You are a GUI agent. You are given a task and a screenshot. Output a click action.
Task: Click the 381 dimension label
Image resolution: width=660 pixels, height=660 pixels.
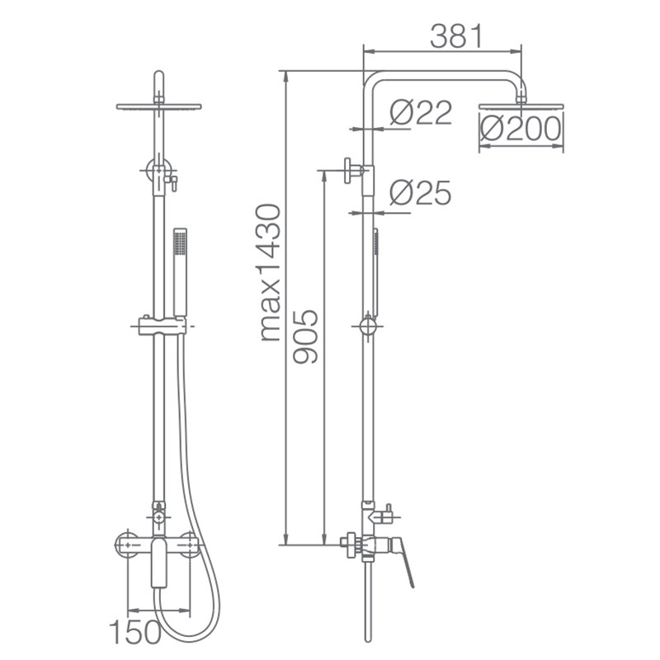pos(456,36)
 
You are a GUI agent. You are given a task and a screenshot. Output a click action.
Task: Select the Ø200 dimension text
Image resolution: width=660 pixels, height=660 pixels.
pos(521,129)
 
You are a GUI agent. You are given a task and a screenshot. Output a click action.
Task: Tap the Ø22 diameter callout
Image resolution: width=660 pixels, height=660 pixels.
pos(421,112)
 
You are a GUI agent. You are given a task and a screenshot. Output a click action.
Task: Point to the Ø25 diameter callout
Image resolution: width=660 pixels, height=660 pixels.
pos(420,193)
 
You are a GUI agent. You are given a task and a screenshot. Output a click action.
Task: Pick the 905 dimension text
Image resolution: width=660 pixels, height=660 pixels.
pos(305,337)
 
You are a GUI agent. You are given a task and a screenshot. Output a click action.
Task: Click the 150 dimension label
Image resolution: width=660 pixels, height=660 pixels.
pos(134,631)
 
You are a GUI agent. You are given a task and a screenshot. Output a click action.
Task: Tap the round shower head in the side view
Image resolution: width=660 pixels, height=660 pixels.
pos(521,106)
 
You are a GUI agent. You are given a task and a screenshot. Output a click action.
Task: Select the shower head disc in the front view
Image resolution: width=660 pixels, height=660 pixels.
pos(158,106)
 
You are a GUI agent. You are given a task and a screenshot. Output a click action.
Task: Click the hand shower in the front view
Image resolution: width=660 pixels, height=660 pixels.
pos(180,272)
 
